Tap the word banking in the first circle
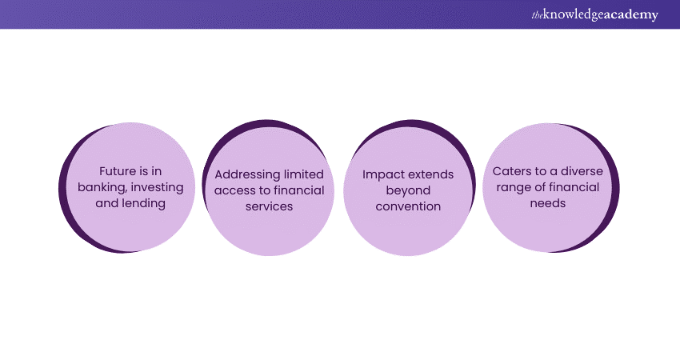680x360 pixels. click(x=102, y=187)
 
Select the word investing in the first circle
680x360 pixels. click(x=157, y=187)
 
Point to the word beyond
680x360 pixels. click(x=408, y=190)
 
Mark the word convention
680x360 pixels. click(x=408, y=206)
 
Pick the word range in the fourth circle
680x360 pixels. click(x=509, y=187)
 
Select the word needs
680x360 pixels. click(x=548, y=203)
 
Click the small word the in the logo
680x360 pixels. click(x=536, y=14)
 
